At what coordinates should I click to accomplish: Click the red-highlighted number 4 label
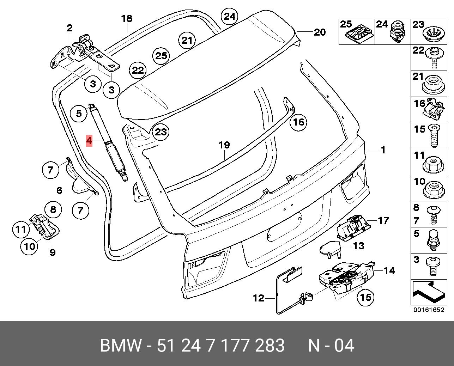point(89,141)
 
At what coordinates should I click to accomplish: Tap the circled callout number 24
point(230,16)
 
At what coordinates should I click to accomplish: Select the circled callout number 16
point(299,122)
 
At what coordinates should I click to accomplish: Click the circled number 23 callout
point(161,132)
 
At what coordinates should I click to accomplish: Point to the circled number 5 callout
point(79,114)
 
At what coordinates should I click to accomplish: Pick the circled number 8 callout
point(53,209)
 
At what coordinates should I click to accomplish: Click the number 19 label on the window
point(224,145)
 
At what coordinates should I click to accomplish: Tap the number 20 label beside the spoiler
point(320,32)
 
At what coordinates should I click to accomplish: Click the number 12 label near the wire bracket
point(259,298)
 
